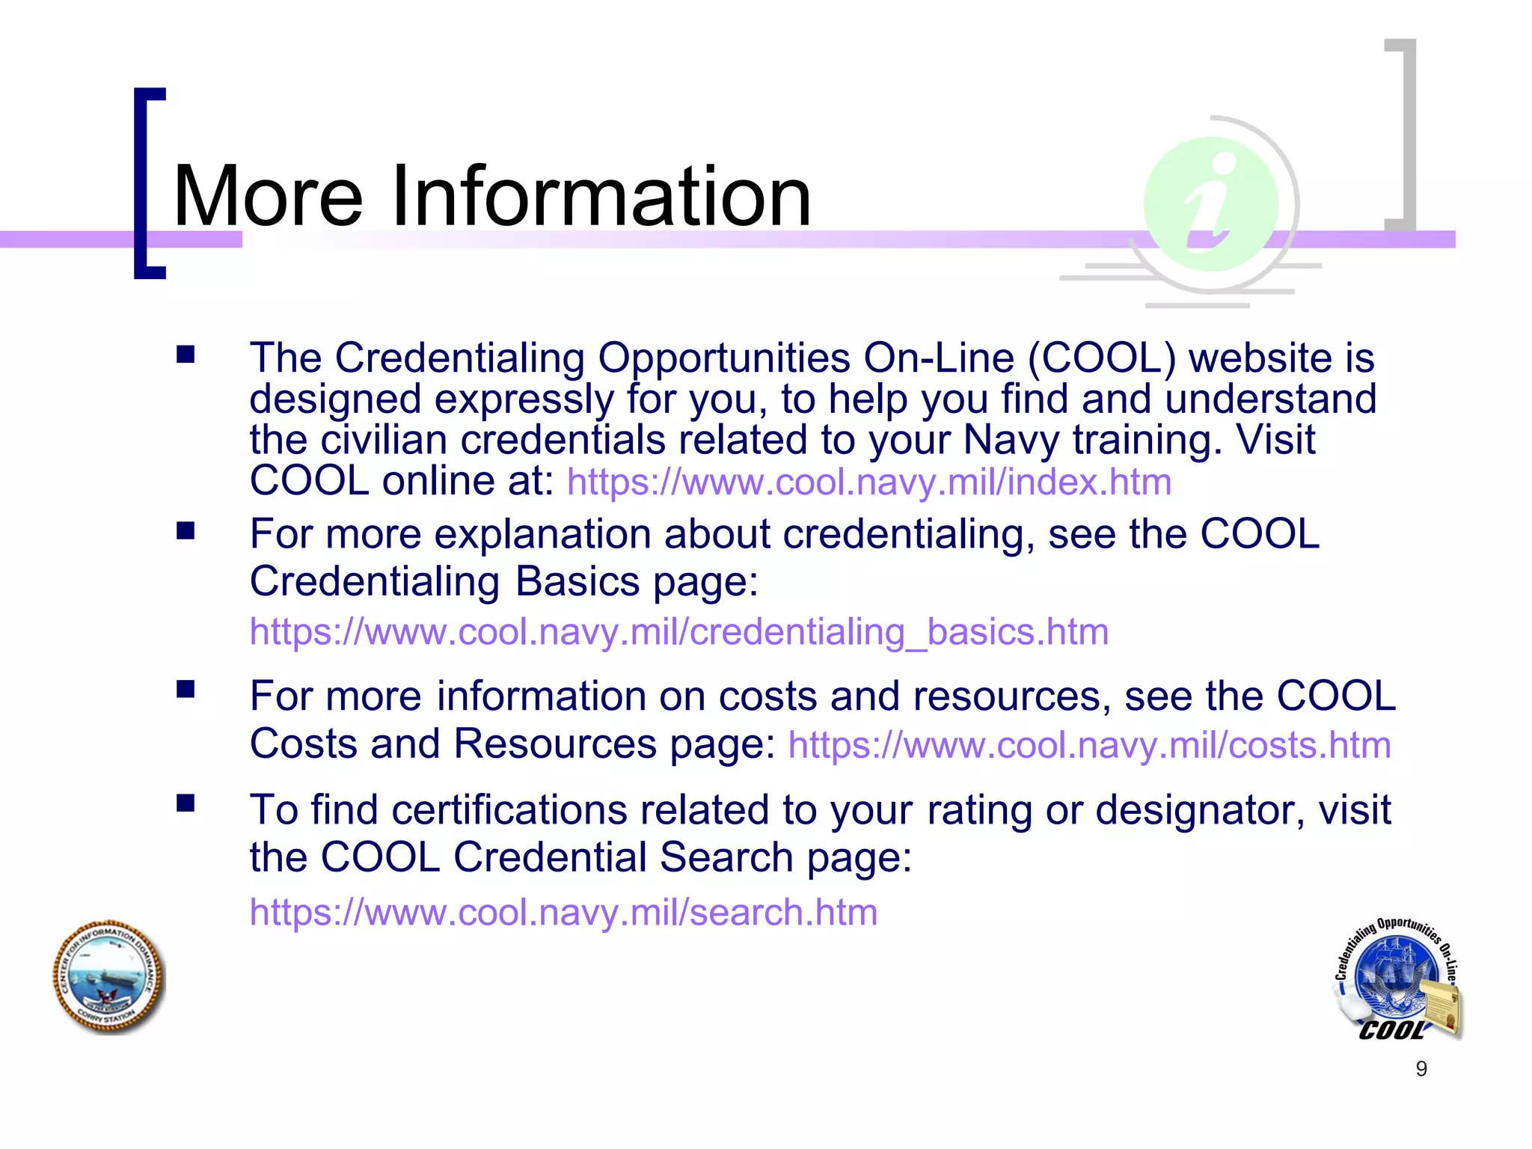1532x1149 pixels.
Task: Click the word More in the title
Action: pos(268,197)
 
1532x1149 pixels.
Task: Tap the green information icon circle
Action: pos(1210,203)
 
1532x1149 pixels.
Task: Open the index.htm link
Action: pos(868,482)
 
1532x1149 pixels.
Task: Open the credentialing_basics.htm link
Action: pos(678,632)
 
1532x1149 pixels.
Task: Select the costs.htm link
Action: pos(1089,746)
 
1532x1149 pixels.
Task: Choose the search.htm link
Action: pos(563,913)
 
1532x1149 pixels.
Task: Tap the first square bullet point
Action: pos(186,355)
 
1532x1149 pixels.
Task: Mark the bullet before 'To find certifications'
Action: pos(186,804)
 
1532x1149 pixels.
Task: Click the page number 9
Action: pos(1421,1069)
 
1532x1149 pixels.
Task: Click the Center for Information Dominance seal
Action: pos(109,978)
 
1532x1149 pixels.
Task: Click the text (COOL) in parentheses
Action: pos(1101,358)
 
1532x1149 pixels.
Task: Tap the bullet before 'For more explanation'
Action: pos(186,531)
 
